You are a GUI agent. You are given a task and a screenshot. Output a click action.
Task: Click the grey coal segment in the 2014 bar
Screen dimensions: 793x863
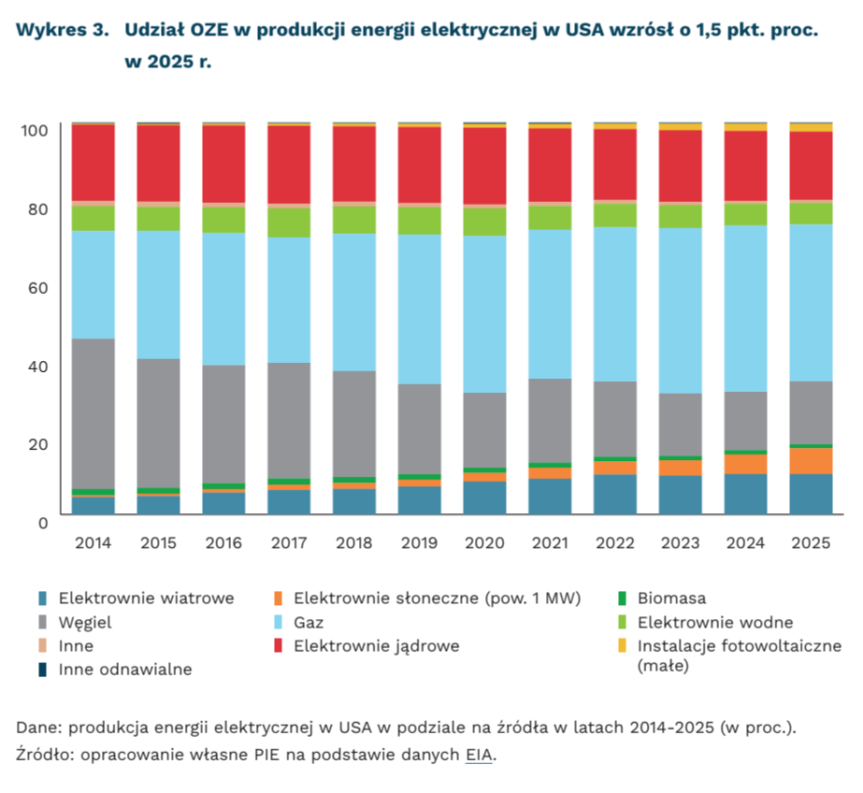tap(93, 412)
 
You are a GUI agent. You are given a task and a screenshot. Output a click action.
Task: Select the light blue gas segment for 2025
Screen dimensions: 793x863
tap(811, 302)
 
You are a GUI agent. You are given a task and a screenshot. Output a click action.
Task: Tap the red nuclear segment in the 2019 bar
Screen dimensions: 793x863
tap(418, 165)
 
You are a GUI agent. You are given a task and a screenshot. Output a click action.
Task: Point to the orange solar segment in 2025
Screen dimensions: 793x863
tap(811, 460)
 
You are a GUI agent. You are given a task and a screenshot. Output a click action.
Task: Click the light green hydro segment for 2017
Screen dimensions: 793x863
tap(289, 223)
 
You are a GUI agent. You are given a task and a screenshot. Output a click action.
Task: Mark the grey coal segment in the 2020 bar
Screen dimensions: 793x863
tap(484, 429)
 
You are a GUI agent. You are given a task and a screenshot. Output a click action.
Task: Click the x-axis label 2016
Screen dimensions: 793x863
tap(223, 543)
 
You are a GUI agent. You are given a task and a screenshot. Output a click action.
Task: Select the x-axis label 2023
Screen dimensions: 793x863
tap(680, 543)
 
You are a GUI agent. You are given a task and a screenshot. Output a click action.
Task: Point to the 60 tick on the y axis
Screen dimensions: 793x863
tap(36, 286)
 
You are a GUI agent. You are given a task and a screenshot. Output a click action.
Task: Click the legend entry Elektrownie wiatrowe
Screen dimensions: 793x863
tap(146, 598)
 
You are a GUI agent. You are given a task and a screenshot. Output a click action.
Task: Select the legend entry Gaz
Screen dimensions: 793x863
tap(309, 622)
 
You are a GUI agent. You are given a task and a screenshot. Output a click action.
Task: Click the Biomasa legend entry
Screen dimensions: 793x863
tap(671, 598)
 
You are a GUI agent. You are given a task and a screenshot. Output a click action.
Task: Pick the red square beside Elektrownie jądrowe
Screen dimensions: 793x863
tap(279, 645)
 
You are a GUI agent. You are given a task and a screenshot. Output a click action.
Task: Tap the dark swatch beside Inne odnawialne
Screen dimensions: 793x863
tap(43, 669)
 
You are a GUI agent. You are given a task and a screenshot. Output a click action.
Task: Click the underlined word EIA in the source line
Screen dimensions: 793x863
tap(479, 755)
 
